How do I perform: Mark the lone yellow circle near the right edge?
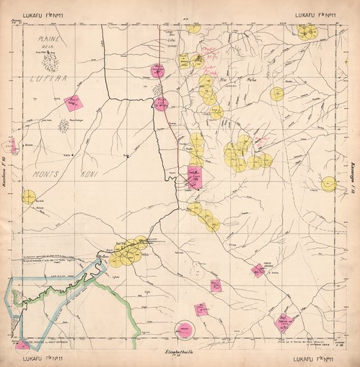click(x=329, y=184)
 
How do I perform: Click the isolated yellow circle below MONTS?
click(x=29, y=197)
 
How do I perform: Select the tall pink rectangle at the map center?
click(x=193, y=177)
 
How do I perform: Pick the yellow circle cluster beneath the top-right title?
click(x=307, y=32)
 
